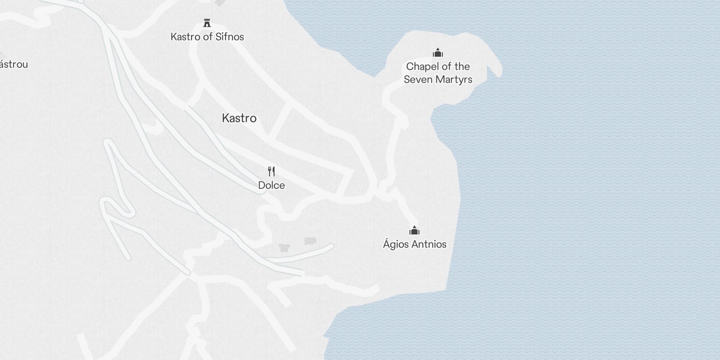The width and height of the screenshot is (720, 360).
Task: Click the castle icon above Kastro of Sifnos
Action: [x=207, y=23]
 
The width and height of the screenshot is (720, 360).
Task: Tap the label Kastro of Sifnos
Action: [x=207, y=37]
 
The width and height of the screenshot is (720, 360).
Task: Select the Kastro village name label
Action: [x=239, y=118]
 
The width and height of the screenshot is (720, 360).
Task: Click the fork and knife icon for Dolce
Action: [x=271, y=171]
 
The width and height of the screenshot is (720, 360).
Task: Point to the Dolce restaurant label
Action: [x=271, y=185]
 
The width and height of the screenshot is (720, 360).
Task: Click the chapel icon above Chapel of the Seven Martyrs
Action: [x=437, y=53]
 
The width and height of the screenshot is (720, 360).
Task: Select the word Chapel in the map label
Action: [x=423, y=67]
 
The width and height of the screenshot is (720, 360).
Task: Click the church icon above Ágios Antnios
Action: [x=414, y=231]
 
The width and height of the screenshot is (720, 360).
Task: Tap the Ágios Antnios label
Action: [x=414, y=244]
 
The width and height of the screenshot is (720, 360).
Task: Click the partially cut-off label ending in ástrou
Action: [x=13, y=64]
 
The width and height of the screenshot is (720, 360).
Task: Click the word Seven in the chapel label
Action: [x=417, y=80]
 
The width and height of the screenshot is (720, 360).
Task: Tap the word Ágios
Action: [x=396, y=244]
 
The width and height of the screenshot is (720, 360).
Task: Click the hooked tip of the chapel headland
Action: [x=498, y=72]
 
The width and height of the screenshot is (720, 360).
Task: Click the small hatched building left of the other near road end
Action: [x=284, y=247]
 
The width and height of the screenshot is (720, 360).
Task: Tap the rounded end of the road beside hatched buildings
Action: [x=331, y=246]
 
